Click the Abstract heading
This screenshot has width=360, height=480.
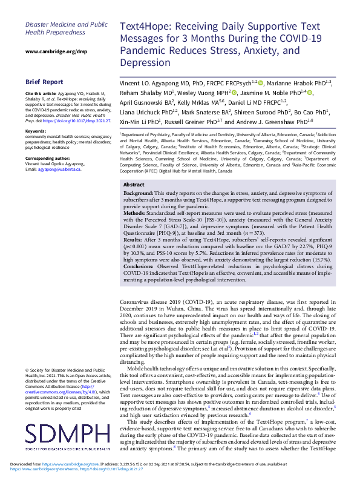pos(134,167)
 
